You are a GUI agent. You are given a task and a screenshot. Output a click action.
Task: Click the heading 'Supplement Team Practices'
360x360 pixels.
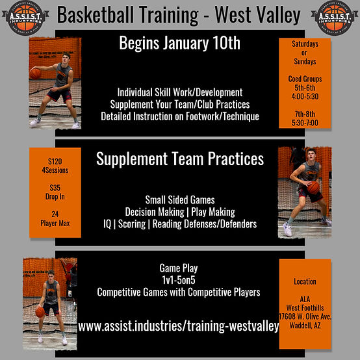point(180,159)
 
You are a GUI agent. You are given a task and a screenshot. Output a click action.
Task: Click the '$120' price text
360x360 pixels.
point(55,161)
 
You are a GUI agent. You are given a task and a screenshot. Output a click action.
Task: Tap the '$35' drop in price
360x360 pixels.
point(55,186)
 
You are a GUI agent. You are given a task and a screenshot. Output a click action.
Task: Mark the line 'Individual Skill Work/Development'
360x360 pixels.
point(180,93)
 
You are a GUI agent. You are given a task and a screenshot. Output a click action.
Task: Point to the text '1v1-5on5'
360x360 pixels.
point(180,280)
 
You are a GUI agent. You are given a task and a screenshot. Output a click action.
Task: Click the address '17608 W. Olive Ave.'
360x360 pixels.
point(305,316)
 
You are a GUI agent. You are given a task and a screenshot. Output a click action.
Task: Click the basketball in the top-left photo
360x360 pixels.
point(35,73)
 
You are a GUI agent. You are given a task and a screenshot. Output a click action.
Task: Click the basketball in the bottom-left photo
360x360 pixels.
point(40,311)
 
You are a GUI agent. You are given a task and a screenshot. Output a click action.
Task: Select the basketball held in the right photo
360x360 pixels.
point(313,187)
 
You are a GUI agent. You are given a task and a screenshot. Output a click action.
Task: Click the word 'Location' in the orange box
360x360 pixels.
point(305,282)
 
